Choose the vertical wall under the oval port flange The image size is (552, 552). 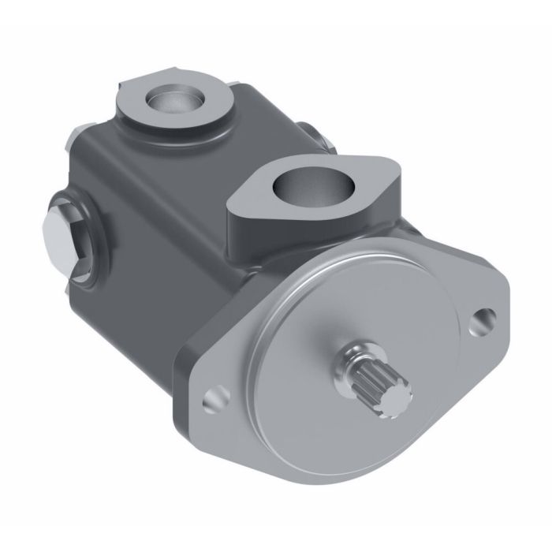pos(268,237)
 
